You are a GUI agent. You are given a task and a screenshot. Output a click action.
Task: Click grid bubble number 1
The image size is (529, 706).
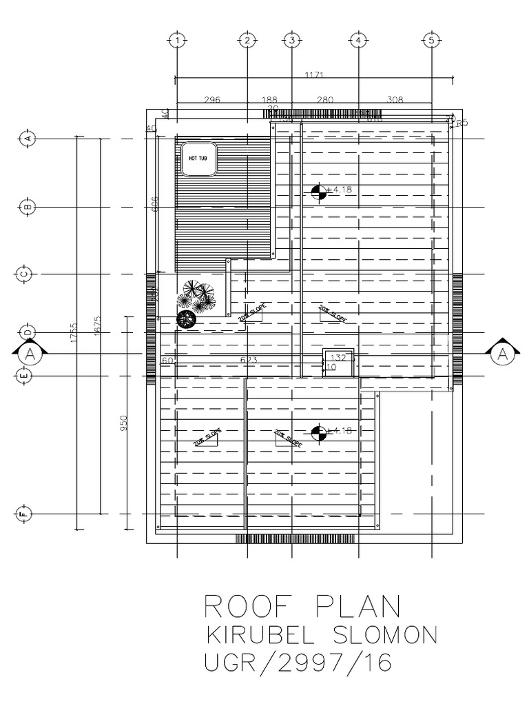coord(177,41)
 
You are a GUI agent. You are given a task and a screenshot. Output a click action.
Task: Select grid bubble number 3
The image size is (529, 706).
coord(292,41)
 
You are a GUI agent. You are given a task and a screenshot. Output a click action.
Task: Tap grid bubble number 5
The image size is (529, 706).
coord(431,41)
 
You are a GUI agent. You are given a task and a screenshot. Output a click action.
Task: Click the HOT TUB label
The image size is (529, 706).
coord(196,158)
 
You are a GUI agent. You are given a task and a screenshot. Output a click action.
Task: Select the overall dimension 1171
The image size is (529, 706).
coord(311,75)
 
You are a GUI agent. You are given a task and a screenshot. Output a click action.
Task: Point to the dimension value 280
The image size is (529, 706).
coord(324,100)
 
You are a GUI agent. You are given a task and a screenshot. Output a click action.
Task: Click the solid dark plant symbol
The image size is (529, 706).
coord(185,319)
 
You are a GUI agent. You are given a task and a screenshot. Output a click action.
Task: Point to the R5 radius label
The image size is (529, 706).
coord(461,123)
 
